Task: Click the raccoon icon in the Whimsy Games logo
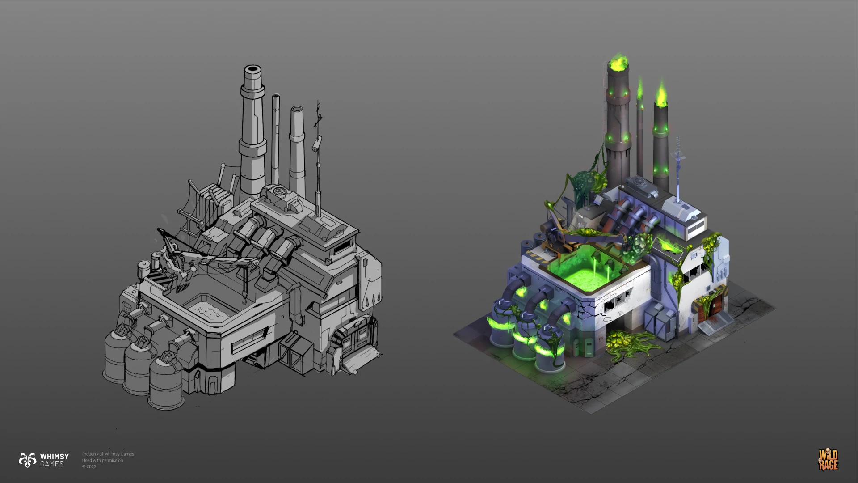click(27, 460)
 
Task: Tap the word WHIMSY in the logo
click(55, 456)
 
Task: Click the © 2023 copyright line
click(89, 466)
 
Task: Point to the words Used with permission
click(102, 460)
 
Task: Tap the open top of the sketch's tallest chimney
click(252, 69)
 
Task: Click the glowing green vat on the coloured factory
click(583, 271)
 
